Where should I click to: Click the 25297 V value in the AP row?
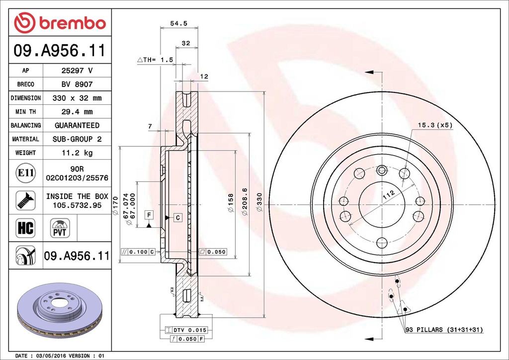click(x=77, y=71)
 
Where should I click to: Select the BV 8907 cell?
click(x=77, y=85)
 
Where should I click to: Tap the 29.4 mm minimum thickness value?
click(x=77, y=112)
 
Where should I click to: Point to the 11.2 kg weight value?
click(x=77, y=153)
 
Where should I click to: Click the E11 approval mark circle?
click(x=25, y=173)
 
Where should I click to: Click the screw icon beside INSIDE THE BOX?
click(x=25, y=200)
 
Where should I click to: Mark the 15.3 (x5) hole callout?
click(x=435, y=125)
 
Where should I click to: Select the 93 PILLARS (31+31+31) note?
click(x=444, y=330)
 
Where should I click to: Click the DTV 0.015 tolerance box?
click(x=185, y=330)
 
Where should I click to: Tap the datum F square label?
click(x=148, y=215)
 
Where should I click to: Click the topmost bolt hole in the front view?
click(x=382, y=171)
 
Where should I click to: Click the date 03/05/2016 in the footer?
click(x=51, y=356)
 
